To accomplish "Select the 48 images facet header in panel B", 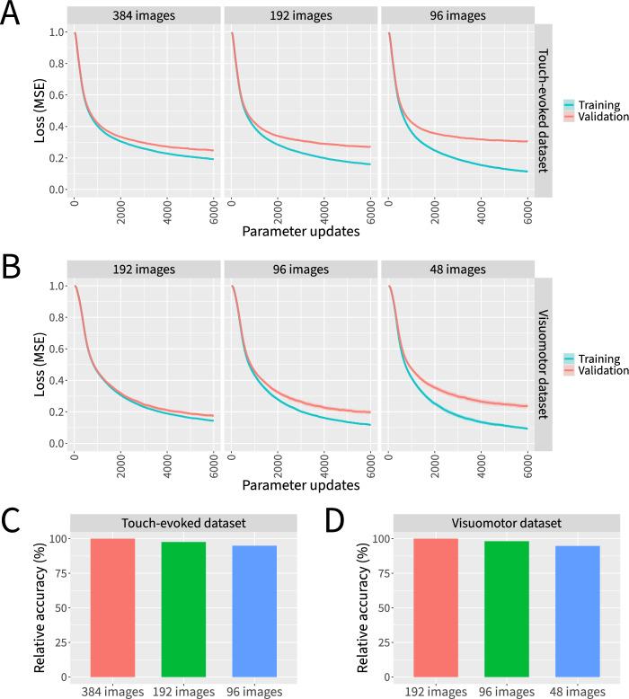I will [456, 269].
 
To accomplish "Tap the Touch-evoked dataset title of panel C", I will [183, 523].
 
